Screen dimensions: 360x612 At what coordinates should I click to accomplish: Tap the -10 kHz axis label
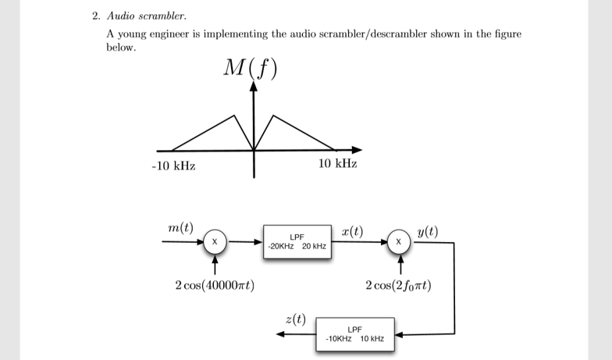coord(173,166)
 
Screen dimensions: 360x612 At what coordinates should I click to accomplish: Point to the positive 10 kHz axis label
coord(338,164)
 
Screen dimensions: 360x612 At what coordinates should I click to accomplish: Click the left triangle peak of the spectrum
coord(233,116)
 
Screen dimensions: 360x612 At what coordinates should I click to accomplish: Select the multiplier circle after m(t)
coord(213,242)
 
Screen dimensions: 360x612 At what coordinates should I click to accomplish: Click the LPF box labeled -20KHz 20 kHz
coord(297,241)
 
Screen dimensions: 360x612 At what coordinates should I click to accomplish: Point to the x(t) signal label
coord(352,230)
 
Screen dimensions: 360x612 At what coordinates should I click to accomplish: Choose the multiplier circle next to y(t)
coord(399,242)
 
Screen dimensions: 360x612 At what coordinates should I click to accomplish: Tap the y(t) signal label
coord(427,230)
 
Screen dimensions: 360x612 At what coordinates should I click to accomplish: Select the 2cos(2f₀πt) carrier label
coord(398,285)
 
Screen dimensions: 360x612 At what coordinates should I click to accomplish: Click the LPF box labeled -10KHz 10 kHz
coord(355,334)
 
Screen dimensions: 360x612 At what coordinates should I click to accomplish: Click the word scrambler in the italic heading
coord(163,15)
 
